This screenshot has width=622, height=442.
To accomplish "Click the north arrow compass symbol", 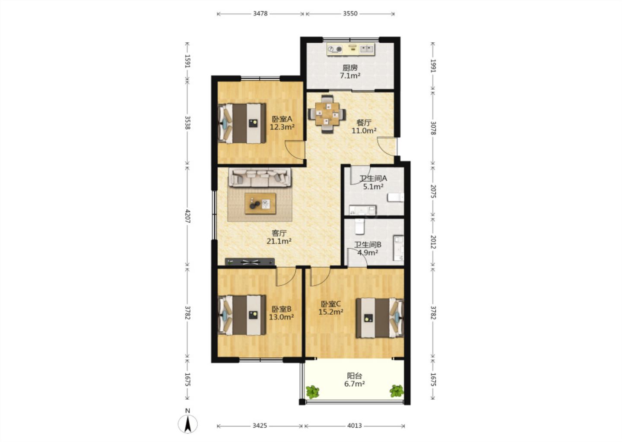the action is tap(188, 424).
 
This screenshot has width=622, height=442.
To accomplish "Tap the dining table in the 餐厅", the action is tap(327, 114).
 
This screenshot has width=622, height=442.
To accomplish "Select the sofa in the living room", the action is tap(260, 177).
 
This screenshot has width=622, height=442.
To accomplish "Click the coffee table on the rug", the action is tap(260, 204).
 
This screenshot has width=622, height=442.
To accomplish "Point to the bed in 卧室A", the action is tap(242, 123).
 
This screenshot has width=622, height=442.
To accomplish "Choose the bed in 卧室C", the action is tap(380, 318).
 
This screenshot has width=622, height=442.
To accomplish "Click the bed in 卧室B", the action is tap(242, 315).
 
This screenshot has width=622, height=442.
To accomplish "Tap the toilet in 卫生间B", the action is tap(359, 227).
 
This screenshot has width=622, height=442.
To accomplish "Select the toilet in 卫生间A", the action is tap(396, 198).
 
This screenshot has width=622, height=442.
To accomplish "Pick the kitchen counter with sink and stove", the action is tap(351, 49).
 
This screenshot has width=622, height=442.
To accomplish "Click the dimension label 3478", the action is tap(260, 13).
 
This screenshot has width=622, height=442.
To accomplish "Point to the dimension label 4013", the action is tap(355, 425).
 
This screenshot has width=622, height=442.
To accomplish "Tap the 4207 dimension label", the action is tap(188, 216).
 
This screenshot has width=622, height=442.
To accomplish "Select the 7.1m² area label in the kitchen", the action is tap(350, 76).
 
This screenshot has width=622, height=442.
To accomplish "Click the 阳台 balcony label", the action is tap(355, 376).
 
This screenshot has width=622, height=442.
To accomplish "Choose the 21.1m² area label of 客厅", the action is tap(279, 241).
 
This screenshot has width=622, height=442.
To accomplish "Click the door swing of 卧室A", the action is tap(295, 150).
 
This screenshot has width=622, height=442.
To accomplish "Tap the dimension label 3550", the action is tap(350, 13).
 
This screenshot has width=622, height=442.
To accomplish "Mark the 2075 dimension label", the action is tap(433, 192).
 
